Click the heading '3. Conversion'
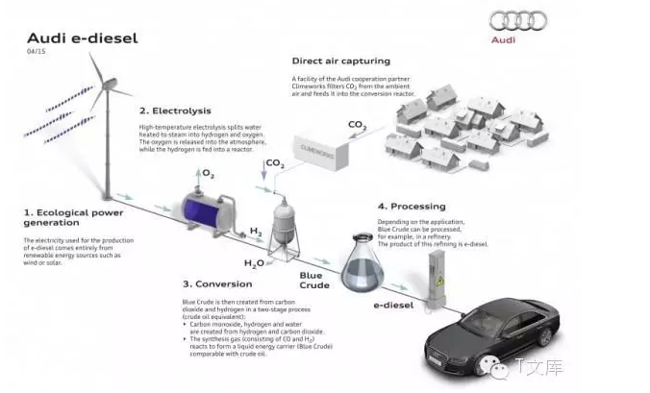click(218, 283)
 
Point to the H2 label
click(257, 232)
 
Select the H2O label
click(254, 262)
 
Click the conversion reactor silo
click(283, 219)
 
